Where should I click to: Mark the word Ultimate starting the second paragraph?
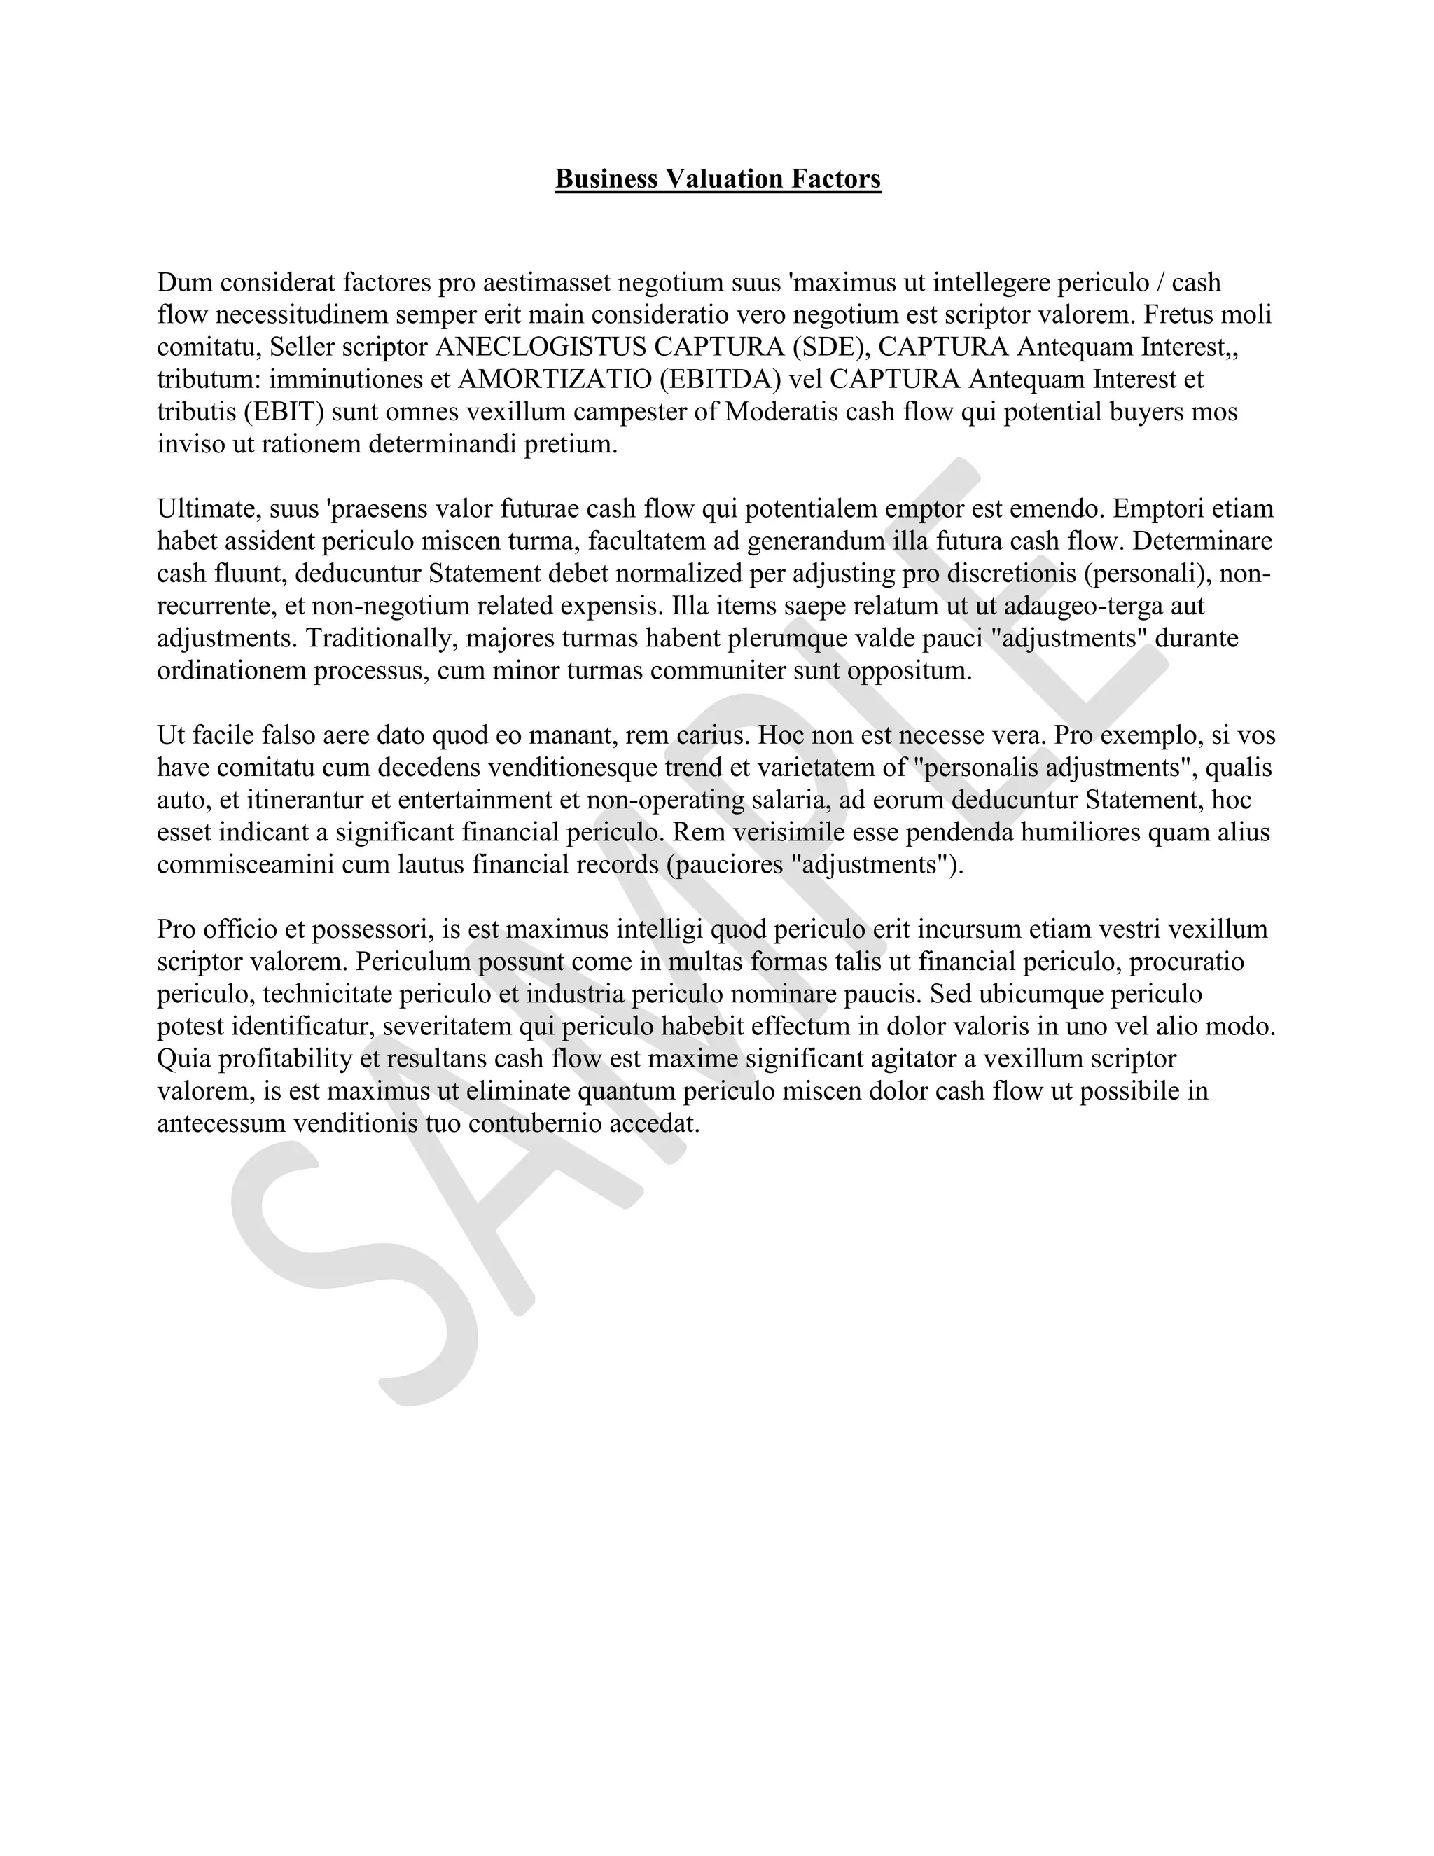coord(207,509)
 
